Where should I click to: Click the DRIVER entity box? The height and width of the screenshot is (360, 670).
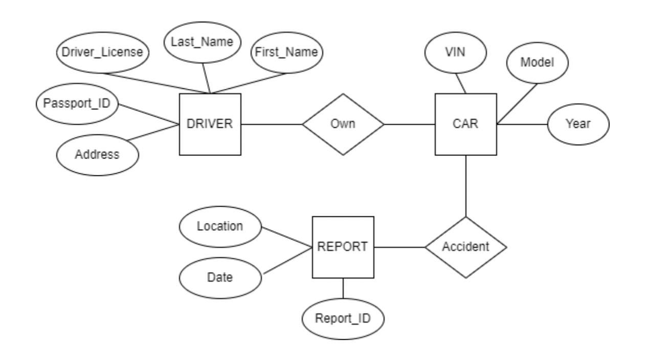pos(210,124)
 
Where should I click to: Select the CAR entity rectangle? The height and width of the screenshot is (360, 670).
pos(465,124)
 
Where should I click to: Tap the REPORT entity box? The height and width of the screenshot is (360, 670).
pos(343,247)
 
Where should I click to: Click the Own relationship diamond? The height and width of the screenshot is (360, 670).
pos(343,124)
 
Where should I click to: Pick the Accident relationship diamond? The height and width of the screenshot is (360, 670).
pos(465,247)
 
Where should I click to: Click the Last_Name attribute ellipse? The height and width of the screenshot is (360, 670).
pos(203,42)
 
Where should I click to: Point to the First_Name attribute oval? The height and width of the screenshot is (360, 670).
pos(286,52)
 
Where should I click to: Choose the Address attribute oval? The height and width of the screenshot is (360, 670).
pos(97,154)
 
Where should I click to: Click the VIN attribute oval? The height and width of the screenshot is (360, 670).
pos(455,52)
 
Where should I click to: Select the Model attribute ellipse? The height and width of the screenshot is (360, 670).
pos(537,62)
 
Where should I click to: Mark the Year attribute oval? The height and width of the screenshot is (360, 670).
pos(578,124)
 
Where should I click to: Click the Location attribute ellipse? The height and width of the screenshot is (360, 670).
pos(220,226)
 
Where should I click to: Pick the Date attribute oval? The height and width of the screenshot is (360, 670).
pos(220,278)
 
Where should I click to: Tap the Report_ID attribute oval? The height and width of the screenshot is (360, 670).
pos(343,319)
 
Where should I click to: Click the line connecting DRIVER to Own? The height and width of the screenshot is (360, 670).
pos(271,124)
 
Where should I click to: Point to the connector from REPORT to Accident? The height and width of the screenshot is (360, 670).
pos(399,247)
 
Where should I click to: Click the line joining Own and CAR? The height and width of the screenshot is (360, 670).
pos(409,124)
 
